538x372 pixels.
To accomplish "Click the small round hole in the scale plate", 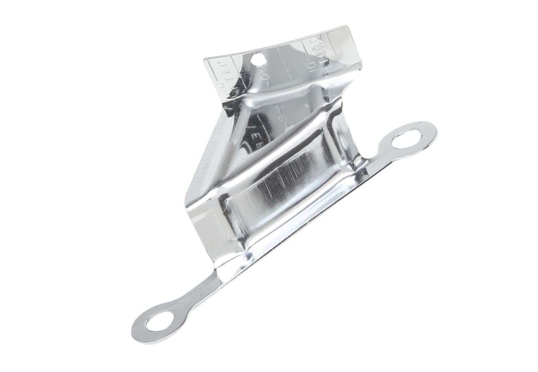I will [258, 60].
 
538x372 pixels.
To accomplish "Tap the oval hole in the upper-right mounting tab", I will [407, 139].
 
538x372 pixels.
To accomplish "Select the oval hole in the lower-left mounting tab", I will [160, 321].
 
